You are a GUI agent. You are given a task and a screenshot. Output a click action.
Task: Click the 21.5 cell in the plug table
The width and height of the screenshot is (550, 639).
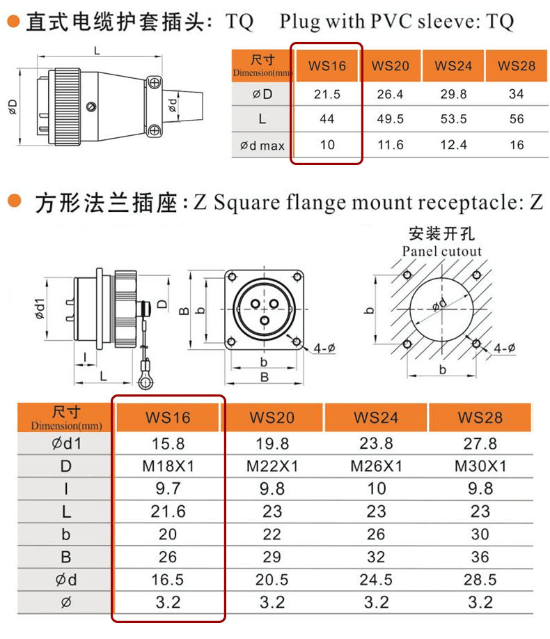(x=326, y=93)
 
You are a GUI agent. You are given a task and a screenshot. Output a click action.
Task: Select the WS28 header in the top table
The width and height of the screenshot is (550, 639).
(x=516, y=66)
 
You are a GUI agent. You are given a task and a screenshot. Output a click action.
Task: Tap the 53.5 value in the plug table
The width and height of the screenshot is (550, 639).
(x=453, y=119)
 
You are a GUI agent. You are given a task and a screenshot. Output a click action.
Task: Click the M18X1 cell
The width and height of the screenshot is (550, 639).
(x=168, y=466)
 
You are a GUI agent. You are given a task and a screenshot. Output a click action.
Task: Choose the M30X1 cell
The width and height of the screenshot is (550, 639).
(x=480, y=466)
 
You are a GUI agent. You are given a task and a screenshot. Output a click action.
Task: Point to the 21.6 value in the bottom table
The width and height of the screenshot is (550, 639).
(x=168, y=512)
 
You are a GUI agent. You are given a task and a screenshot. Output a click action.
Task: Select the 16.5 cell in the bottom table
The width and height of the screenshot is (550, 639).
(x=168, y=580)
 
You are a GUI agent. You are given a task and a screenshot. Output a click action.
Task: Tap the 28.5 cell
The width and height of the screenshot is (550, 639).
(x=480, y=580)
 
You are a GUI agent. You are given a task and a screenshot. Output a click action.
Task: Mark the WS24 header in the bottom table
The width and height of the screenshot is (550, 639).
(x=376, y=417)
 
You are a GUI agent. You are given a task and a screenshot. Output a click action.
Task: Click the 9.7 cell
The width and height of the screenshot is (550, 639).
(x=168, y=489)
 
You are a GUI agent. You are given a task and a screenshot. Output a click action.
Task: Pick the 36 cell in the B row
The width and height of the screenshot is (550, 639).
(x=480, y=557)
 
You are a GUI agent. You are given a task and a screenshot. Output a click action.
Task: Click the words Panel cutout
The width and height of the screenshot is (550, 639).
(x=442, y=252)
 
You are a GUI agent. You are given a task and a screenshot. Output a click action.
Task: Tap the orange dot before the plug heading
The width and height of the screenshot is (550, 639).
(x=12, y=22)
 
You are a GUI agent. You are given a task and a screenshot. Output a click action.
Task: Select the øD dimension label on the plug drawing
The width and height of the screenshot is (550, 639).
(x=13, y=106)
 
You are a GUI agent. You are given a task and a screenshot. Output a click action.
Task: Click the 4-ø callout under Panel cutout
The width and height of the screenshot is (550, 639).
(x=504, y=348)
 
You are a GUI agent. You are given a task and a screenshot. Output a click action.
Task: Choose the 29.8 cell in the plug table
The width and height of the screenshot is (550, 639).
(x=453, y=93)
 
